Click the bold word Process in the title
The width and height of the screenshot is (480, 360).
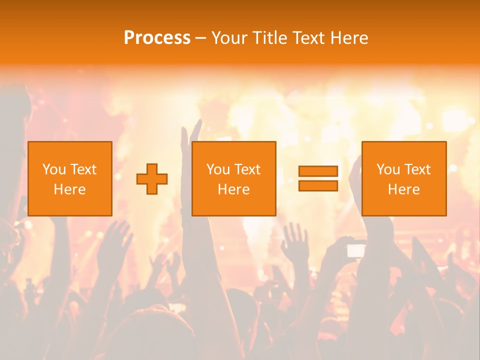click(157, 38)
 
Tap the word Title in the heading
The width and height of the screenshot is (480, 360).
click(268, 38)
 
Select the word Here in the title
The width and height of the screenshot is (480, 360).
click(349, 38)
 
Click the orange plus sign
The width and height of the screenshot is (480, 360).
click(152, 178)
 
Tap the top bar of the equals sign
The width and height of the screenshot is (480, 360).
click(318, 171)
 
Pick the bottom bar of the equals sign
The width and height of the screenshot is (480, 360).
click(318, 185)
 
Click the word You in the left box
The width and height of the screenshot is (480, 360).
click(54, 169)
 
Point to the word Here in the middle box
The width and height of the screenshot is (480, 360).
click(234, 189)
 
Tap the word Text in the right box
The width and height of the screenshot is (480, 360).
click(417, 169)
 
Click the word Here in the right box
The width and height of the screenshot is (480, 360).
click(404, 189)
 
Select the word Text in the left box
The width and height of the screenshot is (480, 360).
click(83, 169)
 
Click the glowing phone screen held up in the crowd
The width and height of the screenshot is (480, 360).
click(356, 250)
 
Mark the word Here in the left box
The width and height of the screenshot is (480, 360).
click(70, 189)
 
